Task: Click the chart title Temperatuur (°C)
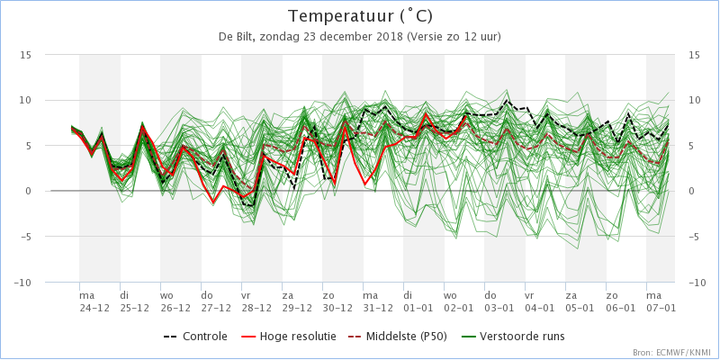pyautogui.click(x=360, y=16)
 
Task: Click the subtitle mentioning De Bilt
pyautogui.click(x=360, y=37)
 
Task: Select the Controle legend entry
pyautogui.click(x=195, y=337)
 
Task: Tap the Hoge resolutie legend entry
pyautogui.click(x=288, y=337)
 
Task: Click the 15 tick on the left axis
pyautogui.click(x=25, y=55)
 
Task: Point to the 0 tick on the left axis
pyautogui.click(x=28, y=192)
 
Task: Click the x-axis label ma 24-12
pyautogui.click(x=94, y=301)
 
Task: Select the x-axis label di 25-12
pyautogui.click(x=135, y=301)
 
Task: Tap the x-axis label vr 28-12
pyautogui.click(x=256, y=301)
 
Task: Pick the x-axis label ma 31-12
pyautogui.click(x=378, y=301)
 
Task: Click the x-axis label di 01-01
pyautogui.click(x=418, y=301)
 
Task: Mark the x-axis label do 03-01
pyautogui.click(x=499, y=301)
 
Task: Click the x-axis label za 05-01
pyautogui.click(x=580, y=301)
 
